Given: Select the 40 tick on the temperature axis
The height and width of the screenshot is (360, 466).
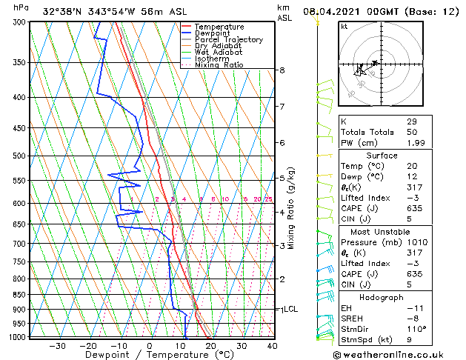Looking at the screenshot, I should pyautogui.click(x=272, y=345).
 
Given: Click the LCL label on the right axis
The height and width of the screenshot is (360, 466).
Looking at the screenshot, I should pyautogui.click(x=290, y=309).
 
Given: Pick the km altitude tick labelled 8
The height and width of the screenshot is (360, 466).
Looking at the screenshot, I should pyautogui.click(x=282, y=70).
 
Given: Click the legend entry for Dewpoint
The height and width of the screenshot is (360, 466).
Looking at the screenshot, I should pyautogui.click(x=213, y=33).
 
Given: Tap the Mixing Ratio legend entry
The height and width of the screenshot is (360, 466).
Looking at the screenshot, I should pyautogui.click(x=219, y=65).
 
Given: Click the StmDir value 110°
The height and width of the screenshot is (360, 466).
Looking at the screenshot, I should pyautogui.click(x=416, y=329).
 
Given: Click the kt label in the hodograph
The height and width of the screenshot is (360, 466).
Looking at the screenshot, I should pyautogui.click(x=344, y=27).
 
